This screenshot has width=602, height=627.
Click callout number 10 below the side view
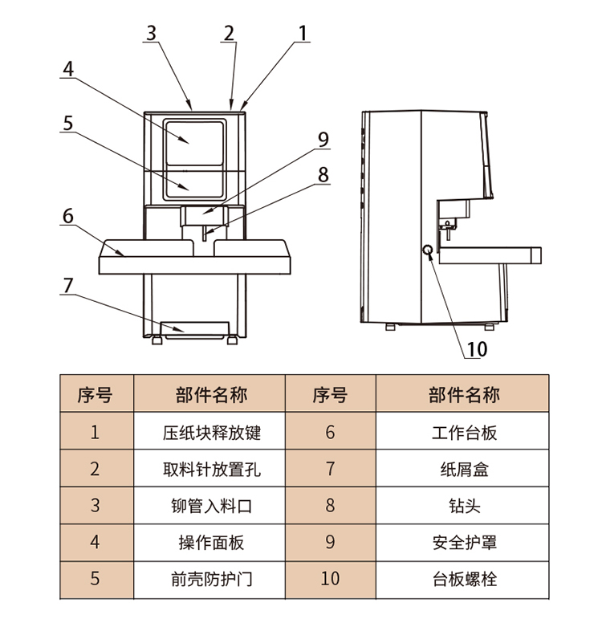point(477,349)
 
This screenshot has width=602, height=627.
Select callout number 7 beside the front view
point(68,286)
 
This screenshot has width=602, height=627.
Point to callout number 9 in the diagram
point(323,139)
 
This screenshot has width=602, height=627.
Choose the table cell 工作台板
point(464,433)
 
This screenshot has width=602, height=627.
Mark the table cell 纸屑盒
point(464,469)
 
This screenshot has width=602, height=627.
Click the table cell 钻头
point(464,505)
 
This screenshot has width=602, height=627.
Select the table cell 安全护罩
point(464,542)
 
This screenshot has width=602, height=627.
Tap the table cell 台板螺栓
point(464,578)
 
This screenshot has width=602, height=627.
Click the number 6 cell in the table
point(330,433)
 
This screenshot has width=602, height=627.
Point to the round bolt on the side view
point(428,251)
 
